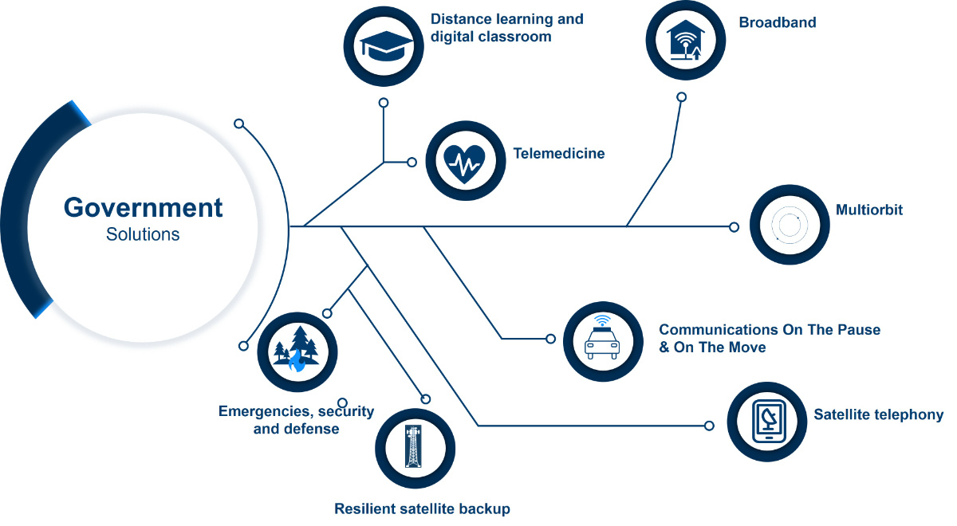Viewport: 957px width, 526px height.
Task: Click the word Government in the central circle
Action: pos(143,208)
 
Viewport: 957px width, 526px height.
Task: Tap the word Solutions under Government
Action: pos(143,234)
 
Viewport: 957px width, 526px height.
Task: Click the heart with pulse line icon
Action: pos(465,163)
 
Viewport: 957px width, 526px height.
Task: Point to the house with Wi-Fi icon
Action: pos(685,40)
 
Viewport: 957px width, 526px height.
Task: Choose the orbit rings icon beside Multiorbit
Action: pos(789,225)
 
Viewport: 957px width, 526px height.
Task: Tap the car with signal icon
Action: pos(602,337)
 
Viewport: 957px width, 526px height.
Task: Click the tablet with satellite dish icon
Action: pos(768,422)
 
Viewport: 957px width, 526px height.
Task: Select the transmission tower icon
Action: pos(413,446)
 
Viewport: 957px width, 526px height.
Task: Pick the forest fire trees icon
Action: pos(297,349)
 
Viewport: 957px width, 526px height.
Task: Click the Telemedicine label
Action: pos(559,153)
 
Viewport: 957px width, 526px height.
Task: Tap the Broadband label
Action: pos(778,22)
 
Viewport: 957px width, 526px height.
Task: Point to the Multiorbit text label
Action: pos(869,210)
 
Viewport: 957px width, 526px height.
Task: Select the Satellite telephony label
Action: pos(878,414)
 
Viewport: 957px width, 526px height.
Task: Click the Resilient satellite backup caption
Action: pos(422,508)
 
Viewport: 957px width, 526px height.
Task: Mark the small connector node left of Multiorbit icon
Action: pos(734,226)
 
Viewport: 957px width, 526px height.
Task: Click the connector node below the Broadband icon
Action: pos(682,97)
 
